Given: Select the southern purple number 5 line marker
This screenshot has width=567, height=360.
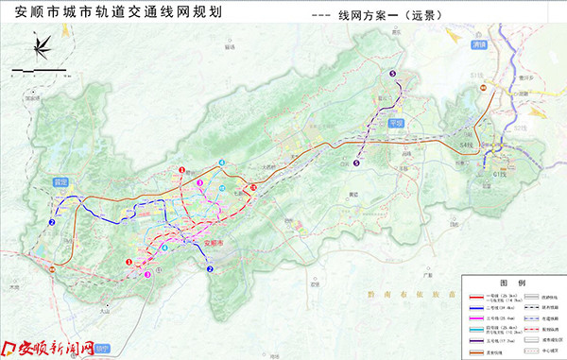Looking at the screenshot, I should coord(356,163).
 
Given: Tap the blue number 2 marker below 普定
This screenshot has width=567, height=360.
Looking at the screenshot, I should coord(51,223).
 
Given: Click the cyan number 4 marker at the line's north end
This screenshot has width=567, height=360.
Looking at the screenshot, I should coord(221,163).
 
